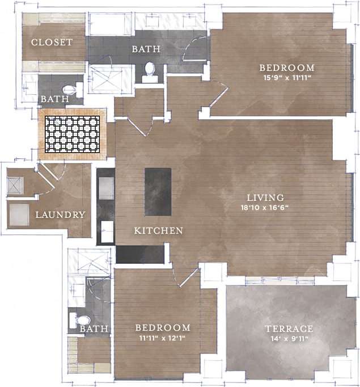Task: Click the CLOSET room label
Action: [x=52, y=43]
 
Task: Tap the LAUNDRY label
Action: [x=60, y=215]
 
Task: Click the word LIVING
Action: [x=265, y=197]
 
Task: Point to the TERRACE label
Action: [x=289, y=329]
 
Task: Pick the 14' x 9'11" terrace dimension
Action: [x=289, y=339]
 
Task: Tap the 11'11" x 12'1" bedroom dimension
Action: [x=162, y=338]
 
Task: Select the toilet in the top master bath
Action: [x=150, y=70]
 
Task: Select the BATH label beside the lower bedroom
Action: [x=94, y=329]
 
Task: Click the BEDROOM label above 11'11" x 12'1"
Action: [x=162, y=328]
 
